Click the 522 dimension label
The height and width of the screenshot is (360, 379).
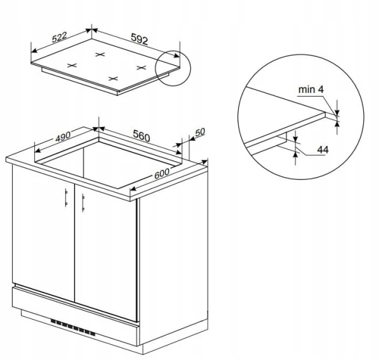coord(59,37)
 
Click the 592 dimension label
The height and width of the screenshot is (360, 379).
coord(140,39)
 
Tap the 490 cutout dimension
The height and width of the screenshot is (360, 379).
coord(63,136)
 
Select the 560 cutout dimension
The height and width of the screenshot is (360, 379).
coord(141,136)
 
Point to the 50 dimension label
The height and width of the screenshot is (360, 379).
coord(200,132)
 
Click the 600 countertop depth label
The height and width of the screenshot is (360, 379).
coord(162,173)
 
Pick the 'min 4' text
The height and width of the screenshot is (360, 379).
coord(311,90)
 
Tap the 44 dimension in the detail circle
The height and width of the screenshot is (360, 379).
coord(323,150)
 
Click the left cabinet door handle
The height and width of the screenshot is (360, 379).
coord(66,198)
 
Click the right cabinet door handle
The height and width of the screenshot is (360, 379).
coord(83,203)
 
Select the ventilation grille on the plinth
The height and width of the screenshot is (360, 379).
coord(73,328)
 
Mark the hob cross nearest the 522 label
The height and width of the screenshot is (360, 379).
coord(100,54)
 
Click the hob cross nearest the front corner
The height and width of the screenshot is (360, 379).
coord(113,78)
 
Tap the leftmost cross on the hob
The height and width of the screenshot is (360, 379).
coord(72,65)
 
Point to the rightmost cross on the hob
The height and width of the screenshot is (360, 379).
coord(141,68)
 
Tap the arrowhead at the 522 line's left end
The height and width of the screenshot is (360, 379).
coord(34,51)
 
